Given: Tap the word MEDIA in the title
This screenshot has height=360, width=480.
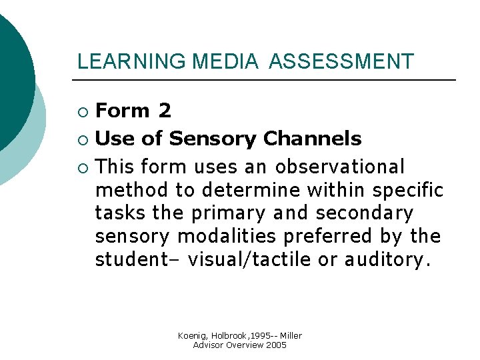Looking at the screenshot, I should coord(225,62).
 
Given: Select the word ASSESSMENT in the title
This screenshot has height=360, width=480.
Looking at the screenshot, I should coord(341,62).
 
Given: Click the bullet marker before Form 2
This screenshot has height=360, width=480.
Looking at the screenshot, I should coord(82,111).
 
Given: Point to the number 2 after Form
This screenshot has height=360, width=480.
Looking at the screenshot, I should coord(165,111).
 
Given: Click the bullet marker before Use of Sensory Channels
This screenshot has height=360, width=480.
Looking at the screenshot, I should coord(82,139).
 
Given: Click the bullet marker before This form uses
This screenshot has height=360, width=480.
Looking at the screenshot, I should coord(82,167).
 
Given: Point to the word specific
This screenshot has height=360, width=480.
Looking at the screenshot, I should coord(407,190).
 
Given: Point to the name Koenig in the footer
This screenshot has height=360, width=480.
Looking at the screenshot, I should coord(194,335).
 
